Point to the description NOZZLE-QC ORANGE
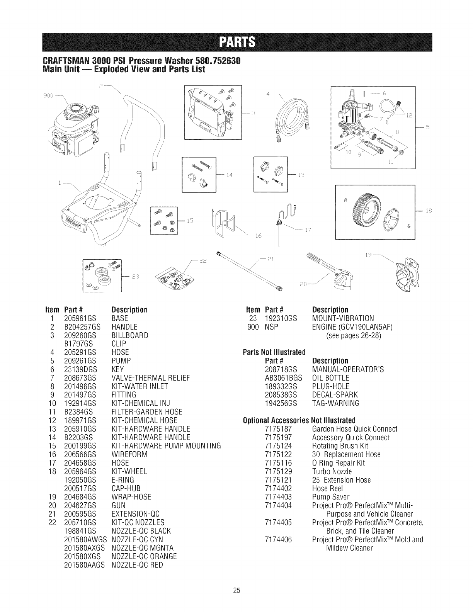tap(144, 556)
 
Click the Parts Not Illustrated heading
tap(274, 352)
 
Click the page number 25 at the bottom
tap(236, 590)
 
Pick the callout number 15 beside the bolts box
tap(189, 221)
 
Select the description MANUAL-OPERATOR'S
tap(347, 369)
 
